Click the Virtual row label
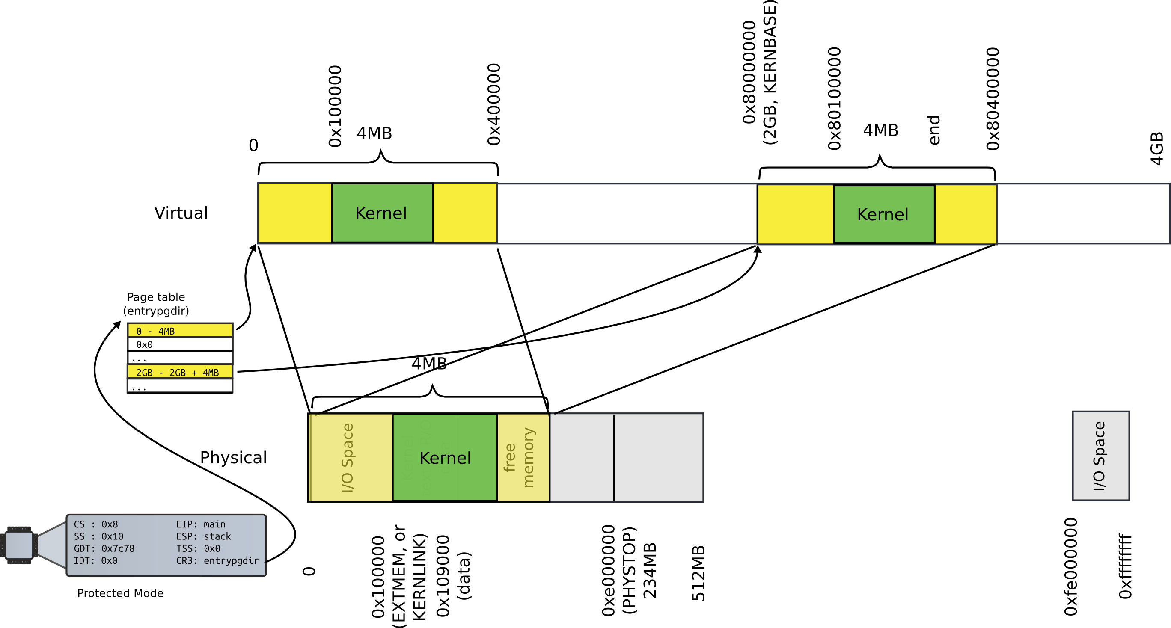(181, 213)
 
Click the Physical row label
(233, 457)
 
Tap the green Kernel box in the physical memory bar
(445, 458)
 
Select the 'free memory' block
(523, 458)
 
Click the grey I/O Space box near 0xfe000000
(1100, 456)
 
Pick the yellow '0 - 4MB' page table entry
(180, 331)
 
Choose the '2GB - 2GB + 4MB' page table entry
(180, 372)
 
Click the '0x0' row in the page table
(180, 344)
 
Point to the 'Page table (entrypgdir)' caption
(156, 304)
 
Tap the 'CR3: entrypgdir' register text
(217, 560)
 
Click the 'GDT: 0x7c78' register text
(104, 548)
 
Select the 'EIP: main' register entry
(200, 524)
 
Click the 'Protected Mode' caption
(120, 593)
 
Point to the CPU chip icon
(19, 545)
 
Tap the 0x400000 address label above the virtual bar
(493, 104)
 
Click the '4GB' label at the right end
(1156, 148)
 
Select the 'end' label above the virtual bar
(934, 130)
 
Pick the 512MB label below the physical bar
(698, 573)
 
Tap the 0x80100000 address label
(835, 99)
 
